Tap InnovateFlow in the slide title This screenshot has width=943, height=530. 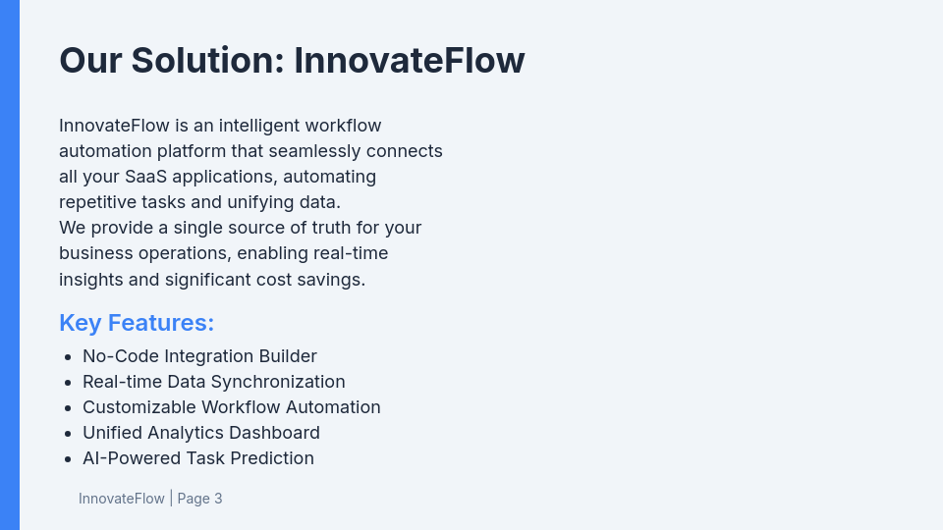pos(410,61)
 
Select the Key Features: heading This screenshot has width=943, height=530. pos(137,323)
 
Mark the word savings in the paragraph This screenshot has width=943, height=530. pos(333,279)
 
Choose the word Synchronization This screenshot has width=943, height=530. pos(278,382)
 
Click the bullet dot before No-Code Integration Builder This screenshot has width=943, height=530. pos(67,357)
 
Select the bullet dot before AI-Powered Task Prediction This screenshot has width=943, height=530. pos(67,459)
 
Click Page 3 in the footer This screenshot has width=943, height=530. pos(199,499)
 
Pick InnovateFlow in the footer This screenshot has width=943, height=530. pos(122,499)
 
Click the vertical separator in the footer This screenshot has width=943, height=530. pos(171,499)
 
